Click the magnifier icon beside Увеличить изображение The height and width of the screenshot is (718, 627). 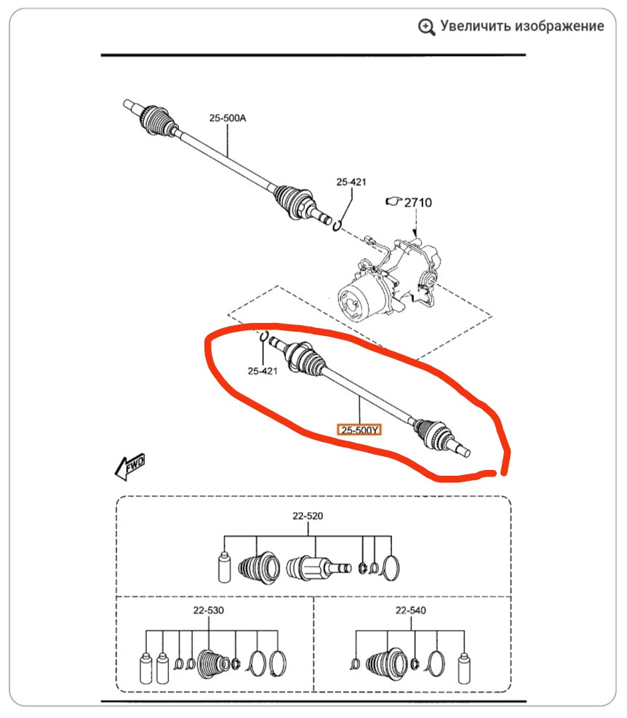(427, 27)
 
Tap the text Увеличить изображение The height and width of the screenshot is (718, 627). (522, 26)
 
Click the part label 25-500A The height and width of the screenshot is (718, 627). (228, 116)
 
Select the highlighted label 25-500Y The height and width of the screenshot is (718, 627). (359, 430)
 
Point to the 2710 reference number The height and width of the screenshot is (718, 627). (418, 202)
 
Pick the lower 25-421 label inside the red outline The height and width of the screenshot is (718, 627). (263, 371)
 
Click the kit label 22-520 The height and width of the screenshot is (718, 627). (308, 516)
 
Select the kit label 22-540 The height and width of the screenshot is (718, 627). (410, 611)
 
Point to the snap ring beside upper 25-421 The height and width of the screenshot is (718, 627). (337, 226)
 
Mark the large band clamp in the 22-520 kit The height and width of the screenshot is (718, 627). (391, 567)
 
